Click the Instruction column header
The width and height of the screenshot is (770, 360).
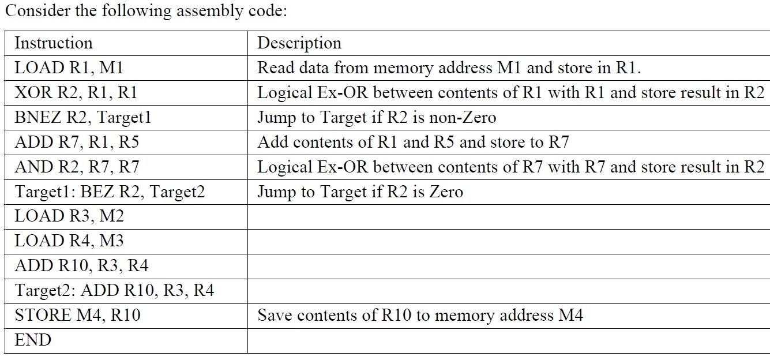(53, 43)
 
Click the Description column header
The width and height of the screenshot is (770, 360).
(299, 43)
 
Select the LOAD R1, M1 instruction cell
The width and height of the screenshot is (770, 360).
(69, 68)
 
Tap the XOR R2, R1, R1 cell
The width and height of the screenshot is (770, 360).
(76, 93)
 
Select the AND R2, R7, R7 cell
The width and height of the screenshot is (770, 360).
(77, 167)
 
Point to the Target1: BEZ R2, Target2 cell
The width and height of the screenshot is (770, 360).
(110, 192)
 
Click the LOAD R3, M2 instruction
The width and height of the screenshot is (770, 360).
(69, 216)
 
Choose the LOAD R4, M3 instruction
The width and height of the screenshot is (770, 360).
(69, 241)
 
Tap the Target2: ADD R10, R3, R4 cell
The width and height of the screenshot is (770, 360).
(114, 291)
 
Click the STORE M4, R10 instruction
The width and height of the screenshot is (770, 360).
(77, 316)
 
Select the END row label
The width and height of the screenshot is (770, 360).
(33, 340)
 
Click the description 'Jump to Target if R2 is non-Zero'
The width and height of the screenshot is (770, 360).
(377, 118)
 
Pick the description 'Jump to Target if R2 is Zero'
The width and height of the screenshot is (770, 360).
(360, 192)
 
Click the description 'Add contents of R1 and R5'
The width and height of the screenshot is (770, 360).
(413, 142)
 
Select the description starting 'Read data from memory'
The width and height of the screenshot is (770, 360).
(449, 68)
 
